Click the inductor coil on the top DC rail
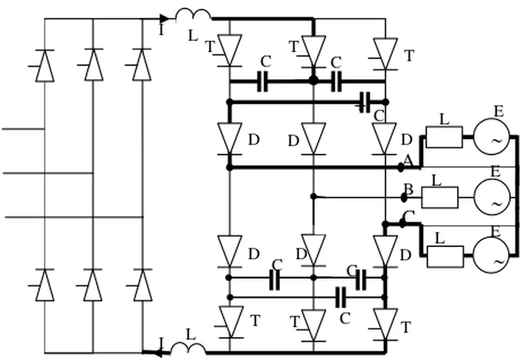point(193,16)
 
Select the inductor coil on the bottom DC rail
point(188,348)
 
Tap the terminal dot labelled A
point(401,167)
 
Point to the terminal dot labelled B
point(404,198)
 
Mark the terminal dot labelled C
point(402,223)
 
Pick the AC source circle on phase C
point(491,255)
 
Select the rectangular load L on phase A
point(444,137)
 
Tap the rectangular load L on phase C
point(445,256)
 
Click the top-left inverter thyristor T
point(230,49)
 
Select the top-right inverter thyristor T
point(386,53)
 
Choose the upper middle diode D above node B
point(314,138)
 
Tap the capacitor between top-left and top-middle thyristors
point(263,82)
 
